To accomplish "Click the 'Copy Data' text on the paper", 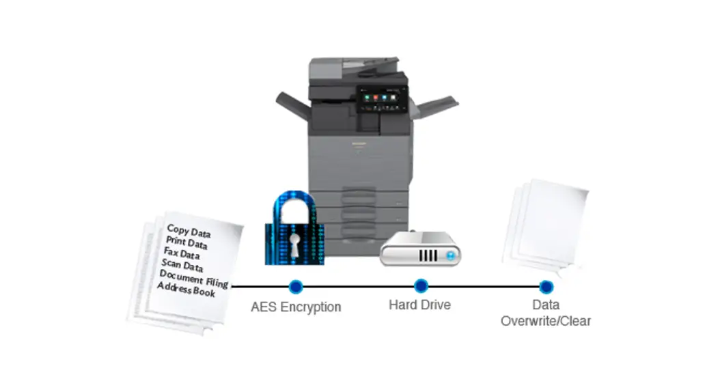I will click(189, 232).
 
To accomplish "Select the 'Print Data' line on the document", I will click(186, 244).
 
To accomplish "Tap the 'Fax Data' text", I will click(181, 255).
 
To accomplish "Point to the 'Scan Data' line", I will click(182, 266).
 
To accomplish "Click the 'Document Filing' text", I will click(193, 279).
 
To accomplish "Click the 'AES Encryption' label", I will click(296, 307).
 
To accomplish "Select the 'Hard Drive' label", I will click(420, 305).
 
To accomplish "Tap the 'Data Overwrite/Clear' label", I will click(545, 313).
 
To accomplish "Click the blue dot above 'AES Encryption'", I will click(296, 286).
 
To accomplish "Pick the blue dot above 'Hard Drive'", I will click(421, 285).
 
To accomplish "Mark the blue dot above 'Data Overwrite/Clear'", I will click(545, 286).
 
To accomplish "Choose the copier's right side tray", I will click(434, 107).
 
